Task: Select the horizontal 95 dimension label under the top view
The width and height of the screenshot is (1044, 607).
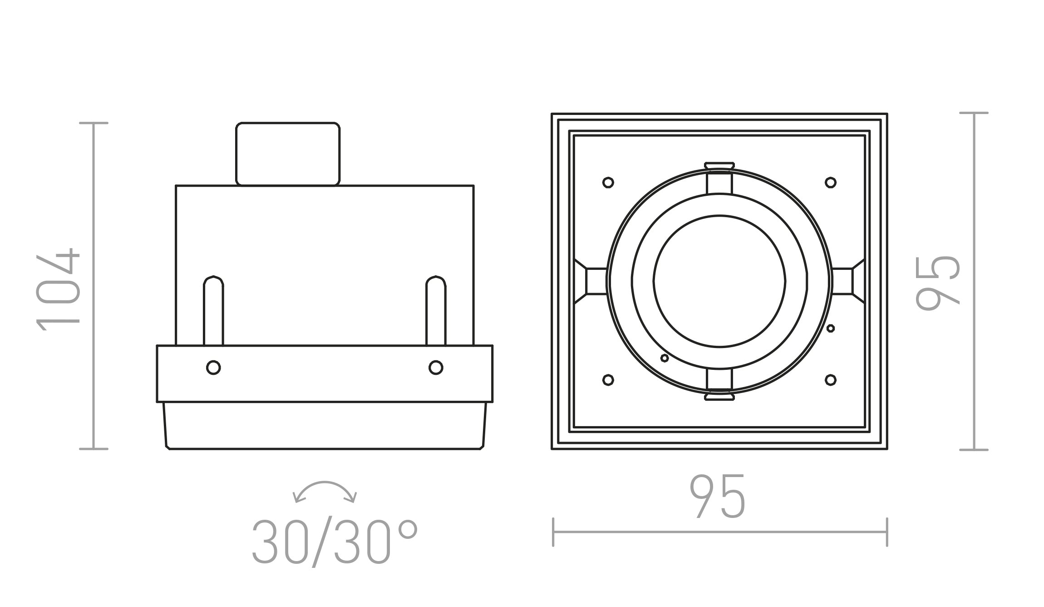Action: pos(718,496)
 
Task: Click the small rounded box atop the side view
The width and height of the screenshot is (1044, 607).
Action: pos(288,154)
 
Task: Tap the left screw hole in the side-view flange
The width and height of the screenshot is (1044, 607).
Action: pos(213,367)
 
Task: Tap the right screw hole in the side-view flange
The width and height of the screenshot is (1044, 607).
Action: pos(436,367)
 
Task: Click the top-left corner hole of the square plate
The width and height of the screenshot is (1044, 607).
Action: pos(608,183)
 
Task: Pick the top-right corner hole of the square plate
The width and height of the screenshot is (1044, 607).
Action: pos(831,183)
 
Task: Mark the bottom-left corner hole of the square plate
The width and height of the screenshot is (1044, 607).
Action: pos(608,380)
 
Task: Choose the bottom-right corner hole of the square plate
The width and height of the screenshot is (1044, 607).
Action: pos(831,380)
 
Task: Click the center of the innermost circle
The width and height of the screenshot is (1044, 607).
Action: pos(719,281)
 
